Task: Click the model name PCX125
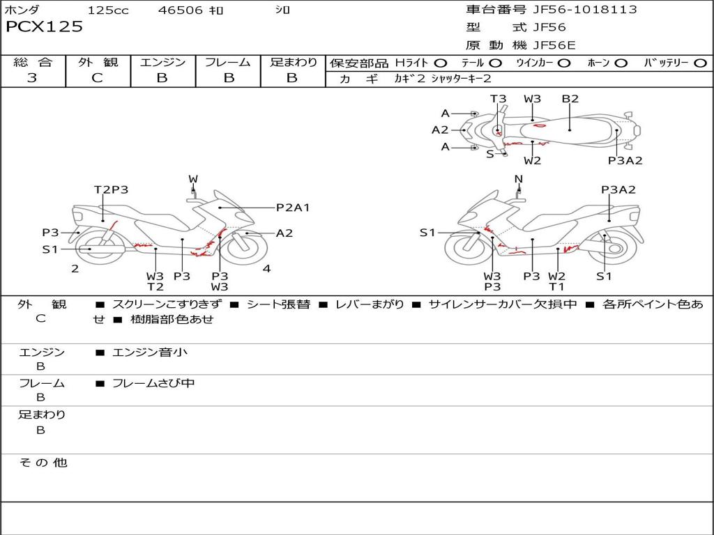pyautogui.click(x=44, y=27)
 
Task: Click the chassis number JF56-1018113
pyautogui.click(x=575, y=10)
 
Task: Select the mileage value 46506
pyautogui.click(x=180, y=10)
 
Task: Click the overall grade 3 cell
pyautogui.click(x=32, y=78)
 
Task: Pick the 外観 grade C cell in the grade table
pyautogui.click(x=97, y=78)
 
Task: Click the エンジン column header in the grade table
pyautogui.click(x=162, y=62)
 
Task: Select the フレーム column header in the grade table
pyautogui.click(x=228, y=62)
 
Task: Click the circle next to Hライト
pyautogui.click(x=441, y=63)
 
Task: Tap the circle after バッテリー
pyautogui.click(x=701, y=63)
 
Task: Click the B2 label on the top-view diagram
pyautogui.click(x=570, y=99)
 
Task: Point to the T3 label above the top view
pyautogui.click(x=498, y=99)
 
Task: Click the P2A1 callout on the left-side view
pyautogui.click(x=293, y=208)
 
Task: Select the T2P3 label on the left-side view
pyautogui.click(x=111, y=189)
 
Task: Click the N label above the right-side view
pyautogui.click(x=518, y=179)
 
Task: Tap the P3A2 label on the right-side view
pyautogui.click(x=618, y=189)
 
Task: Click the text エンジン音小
pyautogui.click(x=149, y=352)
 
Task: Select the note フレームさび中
pyautogui.click(x=153, y=383)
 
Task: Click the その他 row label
pyautogui.click(x=43, y=463)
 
